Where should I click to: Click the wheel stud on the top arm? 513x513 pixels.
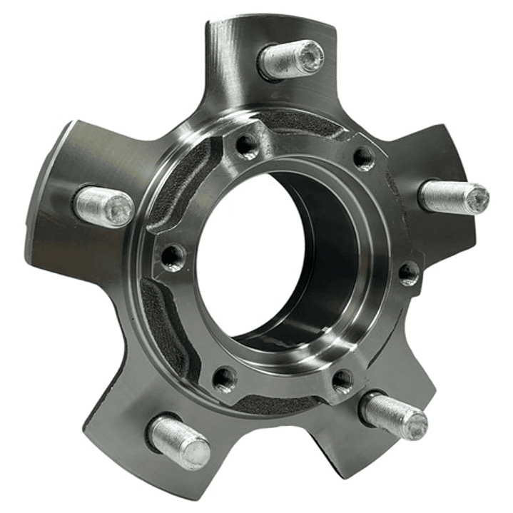[x=290, y=59]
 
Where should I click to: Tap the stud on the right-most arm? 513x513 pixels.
[x=454, y=197]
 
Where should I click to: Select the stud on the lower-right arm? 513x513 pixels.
[x=394, y=415]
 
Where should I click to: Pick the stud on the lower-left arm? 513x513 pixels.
[x=179, y=442]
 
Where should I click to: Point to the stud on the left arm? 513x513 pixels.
[x=103, y=206]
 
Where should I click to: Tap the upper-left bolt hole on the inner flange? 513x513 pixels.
[x=247, y=146]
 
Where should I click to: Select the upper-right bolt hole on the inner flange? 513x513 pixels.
[x=364, y=158]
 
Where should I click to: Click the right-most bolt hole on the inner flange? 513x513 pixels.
[x=408, y=273]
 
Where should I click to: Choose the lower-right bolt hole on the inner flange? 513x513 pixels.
[x=342, y=380]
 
